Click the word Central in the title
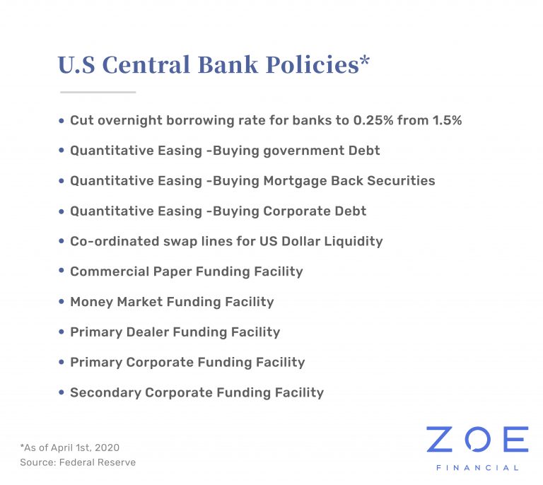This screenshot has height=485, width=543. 146,64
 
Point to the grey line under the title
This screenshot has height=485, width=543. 98,92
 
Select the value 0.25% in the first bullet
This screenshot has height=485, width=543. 373,120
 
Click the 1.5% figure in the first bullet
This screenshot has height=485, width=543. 447,120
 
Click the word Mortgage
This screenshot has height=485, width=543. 296,182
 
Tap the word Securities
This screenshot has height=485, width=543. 401,181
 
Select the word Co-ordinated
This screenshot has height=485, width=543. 115,241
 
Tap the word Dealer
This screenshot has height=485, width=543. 148,332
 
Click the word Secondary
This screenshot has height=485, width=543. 105,392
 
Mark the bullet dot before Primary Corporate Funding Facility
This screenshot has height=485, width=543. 62,362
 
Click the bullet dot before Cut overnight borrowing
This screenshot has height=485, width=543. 62,120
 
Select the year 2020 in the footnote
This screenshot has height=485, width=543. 107,448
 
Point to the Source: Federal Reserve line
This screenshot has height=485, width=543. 78,462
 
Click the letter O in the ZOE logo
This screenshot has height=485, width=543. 477,439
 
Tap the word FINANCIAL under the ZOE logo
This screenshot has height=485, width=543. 477,468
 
